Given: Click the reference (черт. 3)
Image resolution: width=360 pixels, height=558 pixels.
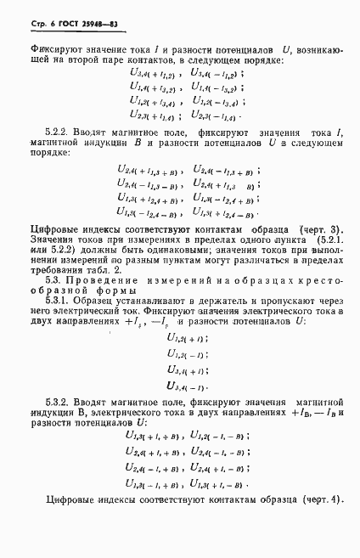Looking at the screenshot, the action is coord(323,231).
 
